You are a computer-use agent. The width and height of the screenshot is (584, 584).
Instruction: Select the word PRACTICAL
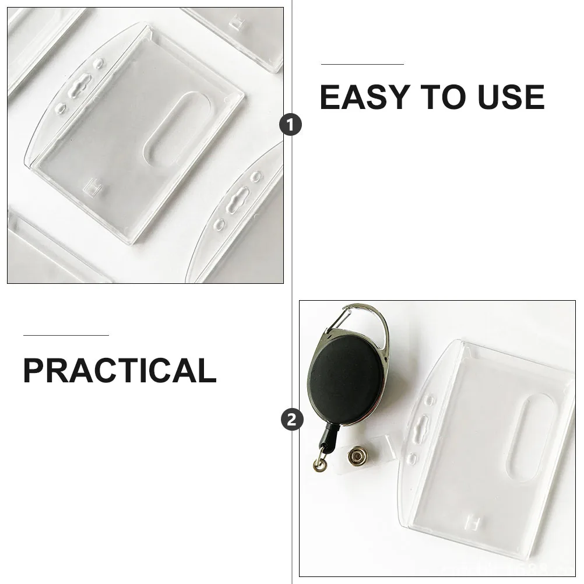click(x=119, y=371)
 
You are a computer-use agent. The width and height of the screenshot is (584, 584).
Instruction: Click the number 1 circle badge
click(x=291, y=124)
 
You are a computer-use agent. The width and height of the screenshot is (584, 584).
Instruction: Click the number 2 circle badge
click(x=291, y=419)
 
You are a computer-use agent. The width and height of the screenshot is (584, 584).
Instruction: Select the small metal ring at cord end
click(x=318, y=465)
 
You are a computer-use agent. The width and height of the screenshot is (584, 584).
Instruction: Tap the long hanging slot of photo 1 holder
click(x=82, y=87)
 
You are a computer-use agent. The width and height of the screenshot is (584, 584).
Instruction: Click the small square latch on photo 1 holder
click(x=92, y=187)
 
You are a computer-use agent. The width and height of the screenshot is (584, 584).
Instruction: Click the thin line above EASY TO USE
click(x=362, y=64)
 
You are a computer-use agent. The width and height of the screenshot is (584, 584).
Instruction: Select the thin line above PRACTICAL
click(x=66, y=336)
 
